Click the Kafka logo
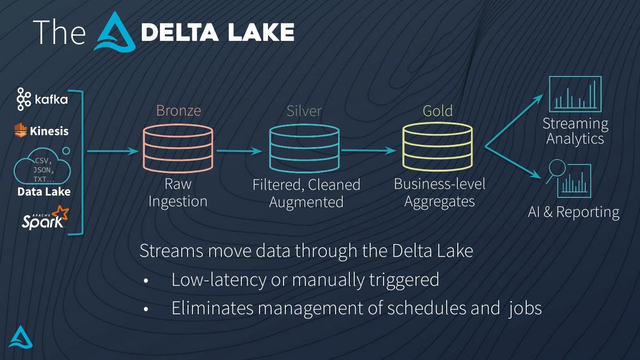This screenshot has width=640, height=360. pos(42,99)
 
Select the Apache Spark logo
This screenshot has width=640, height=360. pos(45,217)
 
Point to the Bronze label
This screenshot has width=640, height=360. pos(178,110)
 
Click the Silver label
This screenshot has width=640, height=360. pos(304,111)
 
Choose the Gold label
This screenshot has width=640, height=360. pos(437,111)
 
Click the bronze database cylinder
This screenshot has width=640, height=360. pos(178,148)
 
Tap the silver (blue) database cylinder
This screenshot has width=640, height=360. pos(304,148)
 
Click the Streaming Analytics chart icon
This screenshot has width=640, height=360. pos(575,94)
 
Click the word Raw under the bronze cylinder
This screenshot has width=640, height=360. pos(178,184)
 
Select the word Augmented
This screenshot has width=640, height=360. pos(306,202)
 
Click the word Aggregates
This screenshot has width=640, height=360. pos(439,202)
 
